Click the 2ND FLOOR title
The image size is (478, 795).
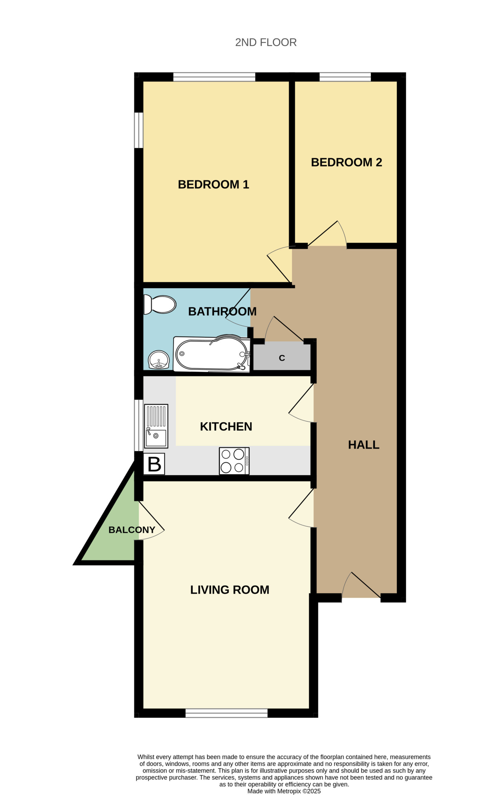(266, 42)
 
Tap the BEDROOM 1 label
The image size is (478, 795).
(214, 184)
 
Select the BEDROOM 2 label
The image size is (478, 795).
(347, 162)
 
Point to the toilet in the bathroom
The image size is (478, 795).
(160, 304)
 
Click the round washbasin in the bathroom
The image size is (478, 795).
(159, 360)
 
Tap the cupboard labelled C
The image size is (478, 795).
(282, 357)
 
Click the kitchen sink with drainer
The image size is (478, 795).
(156, 426)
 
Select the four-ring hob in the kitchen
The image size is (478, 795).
(234, 461)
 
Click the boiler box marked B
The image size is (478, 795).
(154, 464)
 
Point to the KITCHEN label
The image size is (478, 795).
(226, 426)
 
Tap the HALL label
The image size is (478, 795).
(364, 445)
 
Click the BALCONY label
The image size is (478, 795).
(132, 530)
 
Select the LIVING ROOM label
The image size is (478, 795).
(230, 590)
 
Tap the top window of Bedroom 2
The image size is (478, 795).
(345, 77)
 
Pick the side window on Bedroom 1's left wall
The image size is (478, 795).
(138, 130)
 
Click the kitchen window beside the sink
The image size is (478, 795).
(138, 425)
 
